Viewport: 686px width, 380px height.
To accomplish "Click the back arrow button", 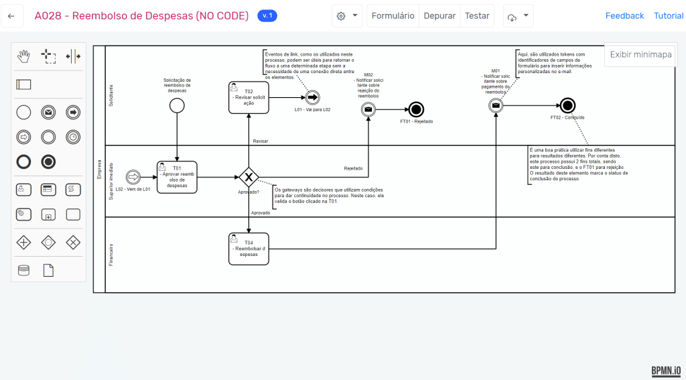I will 11,16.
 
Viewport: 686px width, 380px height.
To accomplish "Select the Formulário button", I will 393,16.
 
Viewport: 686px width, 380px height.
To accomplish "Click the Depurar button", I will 439,16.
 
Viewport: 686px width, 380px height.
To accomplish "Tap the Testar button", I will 477,16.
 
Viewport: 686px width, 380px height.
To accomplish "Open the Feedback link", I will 624,16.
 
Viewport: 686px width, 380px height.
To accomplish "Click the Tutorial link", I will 669,16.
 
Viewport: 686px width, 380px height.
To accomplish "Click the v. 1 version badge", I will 267,16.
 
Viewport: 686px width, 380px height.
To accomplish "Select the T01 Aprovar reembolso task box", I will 177,177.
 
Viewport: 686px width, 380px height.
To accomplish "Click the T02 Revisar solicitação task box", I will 249,98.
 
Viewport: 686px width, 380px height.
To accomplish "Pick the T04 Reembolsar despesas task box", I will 249,249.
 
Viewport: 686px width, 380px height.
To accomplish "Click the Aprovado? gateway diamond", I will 249,177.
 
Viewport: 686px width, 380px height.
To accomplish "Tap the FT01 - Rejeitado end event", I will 417,109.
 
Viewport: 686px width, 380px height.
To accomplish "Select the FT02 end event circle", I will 567,105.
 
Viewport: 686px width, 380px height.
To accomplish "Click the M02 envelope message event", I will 368,109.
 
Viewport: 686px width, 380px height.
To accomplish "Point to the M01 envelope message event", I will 496,105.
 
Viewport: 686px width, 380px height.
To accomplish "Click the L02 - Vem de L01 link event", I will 133,177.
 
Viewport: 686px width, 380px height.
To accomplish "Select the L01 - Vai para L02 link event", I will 312,98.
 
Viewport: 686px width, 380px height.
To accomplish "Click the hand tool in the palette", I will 23,56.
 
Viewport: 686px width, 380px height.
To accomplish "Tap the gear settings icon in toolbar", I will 341,16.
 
